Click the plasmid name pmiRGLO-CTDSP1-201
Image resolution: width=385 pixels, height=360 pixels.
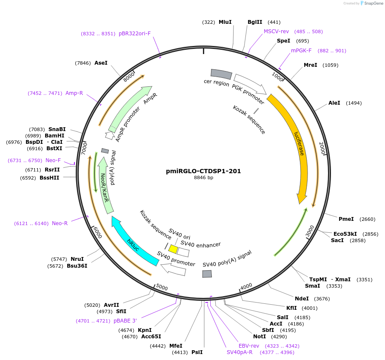tap(203, 171)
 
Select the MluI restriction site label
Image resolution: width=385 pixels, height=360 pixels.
tap(225, 22)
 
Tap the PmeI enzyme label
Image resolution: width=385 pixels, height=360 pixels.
tap(346, 219)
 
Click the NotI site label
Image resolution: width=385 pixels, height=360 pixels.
tap(259, 337)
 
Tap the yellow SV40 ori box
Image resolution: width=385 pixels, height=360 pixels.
tap(173, 249)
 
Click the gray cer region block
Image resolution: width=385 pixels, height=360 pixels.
tap(221, 74)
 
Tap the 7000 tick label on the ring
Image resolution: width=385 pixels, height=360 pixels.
tap(84, 149)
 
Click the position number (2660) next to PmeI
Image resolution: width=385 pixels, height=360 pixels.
tap(367, 219)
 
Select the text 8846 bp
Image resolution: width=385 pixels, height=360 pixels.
tap(203, 178)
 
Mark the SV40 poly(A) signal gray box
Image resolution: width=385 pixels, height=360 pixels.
tap(207, 274)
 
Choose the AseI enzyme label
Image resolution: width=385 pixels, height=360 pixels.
tap(101, 63)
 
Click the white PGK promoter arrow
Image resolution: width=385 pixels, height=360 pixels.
tap(249, 83)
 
